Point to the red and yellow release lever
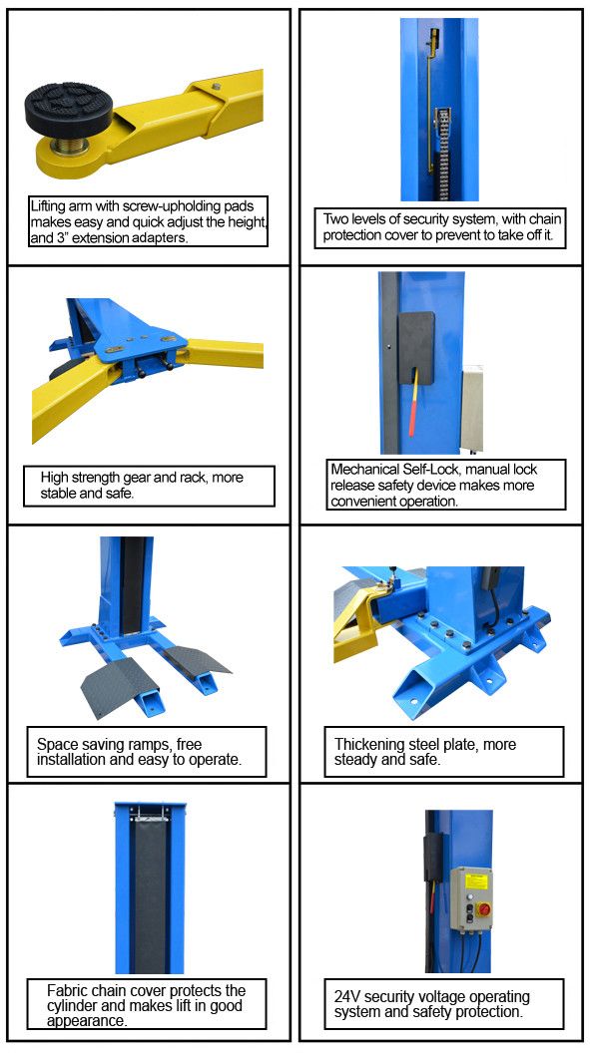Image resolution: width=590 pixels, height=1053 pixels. (414, 402)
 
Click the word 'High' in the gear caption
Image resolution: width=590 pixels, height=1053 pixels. (53, 479)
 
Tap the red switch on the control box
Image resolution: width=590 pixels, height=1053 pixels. (483, 909)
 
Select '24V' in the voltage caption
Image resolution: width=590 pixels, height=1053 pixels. (347, 996)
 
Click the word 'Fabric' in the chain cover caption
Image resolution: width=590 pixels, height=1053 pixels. (67, 990)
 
